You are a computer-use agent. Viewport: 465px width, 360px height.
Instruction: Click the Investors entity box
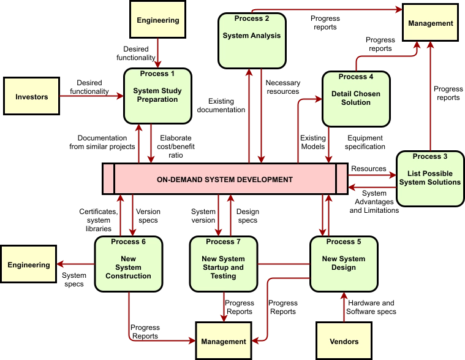pyautogui.click(x=31, y=96)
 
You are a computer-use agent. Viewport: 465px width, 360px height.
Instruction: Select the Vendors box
pyautogui.click(x=344, y=341)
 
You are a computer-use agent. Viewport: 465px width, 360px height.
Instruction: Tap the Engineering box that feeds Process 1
pyautogui.click(x=158, y=19)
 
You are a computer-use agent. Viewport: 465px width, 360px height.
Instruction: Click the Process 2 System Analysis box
pyautogui.click(x=252, y=40)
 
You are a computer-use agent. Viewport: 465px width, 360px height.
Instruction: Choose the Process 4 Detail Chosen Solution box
pyautogui.click(x=356, y=99)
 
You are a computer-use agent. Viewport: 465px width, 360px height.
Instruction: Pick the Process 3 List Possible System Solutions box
pyautogui.click(x=430, y=178)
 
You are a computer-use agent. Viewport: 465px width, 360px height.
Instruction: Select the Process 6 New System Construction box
pyautogui.click(x=129, y=264)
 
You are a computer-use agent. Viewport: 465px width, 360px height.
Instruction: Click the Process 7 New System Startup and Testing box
pyautogui.click(x=223, y=264)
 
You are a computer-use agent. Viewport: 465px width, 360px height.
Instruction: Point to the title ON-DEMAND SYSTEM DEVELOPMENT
pyautogui.click(x=225, y=180)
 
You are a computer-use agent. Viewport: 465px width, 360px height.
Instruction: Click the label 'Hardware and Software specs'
pyautogui.click(x=371, y=307)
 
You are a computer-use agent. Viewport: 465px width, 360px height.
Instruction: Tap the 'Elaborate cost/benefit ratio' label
pyautogui.click(x=176, y=147)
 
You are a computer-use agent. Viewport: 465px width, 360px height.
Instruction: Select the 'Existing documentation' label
pyautogui.click(x=221, y=105)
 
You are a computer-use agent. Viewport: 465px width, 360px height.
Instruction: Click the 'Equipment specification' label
pyautogui.click(x=365, y=142)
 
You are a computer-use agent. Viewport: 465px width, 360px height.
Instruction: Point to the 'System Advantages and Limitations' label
pyautogui.click(x=374, y=202)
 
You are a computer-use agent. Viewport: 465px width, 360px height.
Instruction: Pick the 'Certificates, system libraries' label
pyautogui.click(x=99, y=220)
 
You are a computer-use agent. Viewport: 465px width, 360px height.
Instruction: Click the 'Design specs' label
pyautogui.click(x=248, y=216)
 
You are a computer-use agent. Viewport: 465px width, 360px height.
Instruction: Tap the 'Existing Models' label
pyautogui.click(x=313, y=142)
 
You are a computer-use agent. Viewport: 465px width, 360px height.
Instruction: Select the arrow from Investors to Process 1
pyautogui.click(x=92, y=96)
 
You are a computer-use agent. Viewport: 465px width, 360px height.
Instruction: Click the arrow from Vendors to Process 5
pyautogui.click(x=344, y=307)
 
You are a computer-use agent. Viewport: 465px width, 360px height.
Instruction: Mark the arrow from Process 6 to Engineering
pyautogui.click(x=75, y=264)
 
